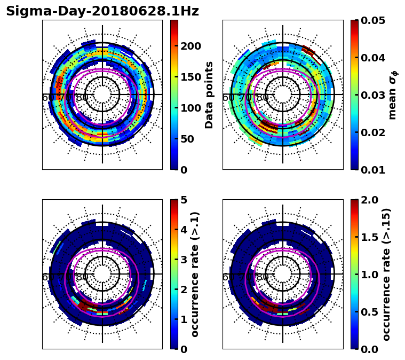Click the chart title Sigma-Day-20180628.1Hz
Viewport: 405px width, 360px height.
pyautogui.click(x=102, y=11)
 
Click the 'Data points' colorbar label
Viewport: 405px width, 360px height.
pyautogui.click(x=210, y=95)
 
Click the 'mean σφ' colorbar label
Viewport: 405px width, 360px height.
pyautogui.click(x=393, y=95)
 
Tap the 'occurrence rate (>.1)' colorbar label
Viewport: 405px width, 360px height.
pyautogui.click(x=195, y=274)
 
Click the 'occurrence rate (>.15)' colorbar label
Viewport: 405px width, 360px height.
pyautogui.click(x=387, y=274)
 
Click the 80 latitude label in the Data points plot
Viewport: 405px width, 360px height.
pyautogui.click(x=82, y=98)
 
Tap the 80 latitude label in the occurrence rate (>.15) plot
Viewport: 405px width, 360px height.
pyautogui.click(x=263, y=277)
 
